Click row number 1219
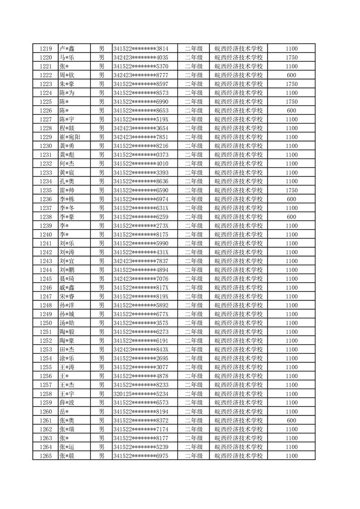[x=45, y=49]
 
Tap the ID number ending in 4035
[x=141, y=58]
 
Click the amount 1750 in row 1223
[x=291, y=84]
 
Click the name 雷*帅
[x=67, y=190]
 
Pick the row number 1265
[x=45, y=456]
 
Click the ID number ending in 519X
[x=141, y=119]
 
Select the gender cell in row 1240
[x=102, y=235]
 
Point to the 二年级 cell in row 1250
[x=193, y=323]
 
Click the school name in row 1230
[x=238, y=146]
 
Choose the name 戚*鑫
[x=67, y=288]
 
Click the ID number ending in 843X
[x=141, y=349]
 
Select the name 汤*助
[x=67, y=323]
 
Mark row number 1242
[x=45, y=252]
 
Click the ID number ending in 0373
[x=141, y=155]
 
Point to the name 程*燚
[x=67, y=128]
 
